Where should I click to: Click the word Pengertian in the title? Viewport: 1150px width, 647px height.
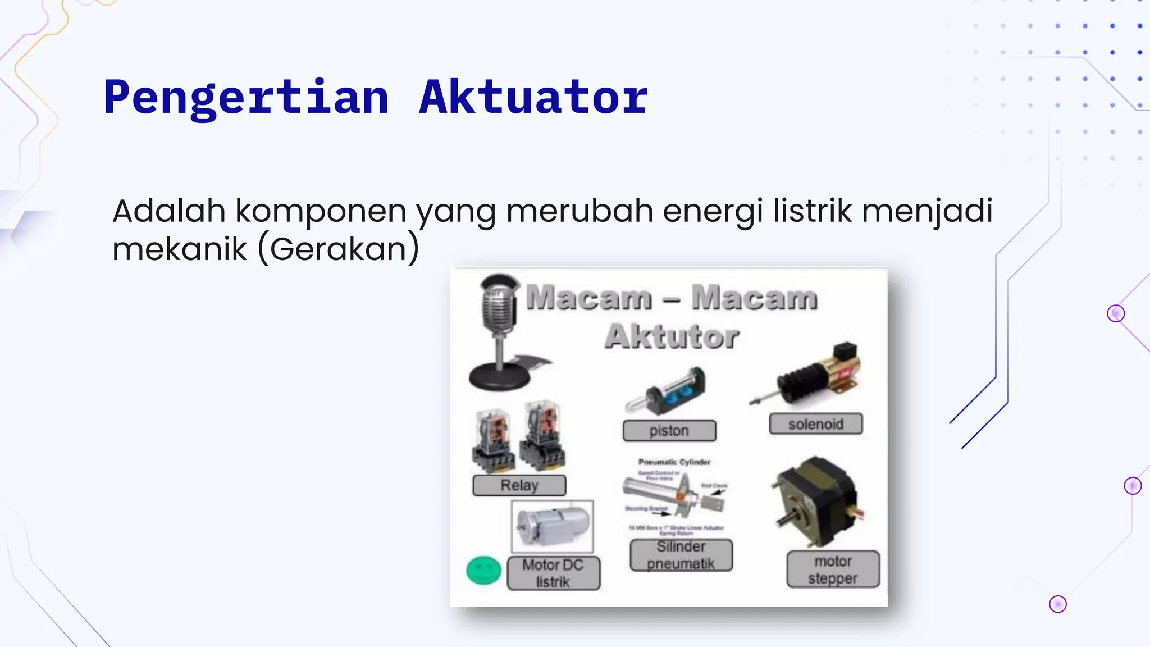pos(246,98)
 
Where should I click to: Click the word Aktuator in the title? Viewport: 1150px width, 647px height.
pos(533,98)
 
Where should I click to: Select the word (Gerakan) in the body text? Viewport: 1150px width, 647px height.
pos(339,249)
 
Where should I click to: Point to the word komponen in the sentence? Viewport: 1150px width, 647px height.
pos(322,212)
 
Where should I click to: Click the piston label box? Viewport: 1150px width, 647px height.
pos(669,431)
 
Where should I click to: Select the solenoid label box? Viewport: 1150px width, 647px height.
pos(815,424)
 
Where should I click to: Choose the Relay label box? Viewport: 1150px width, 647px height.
pos(519,485)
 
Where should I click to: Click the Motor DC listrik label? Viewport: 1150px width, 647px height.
pos(553,573)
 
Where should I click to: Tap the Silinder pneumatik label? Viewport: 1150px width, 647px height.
pos(681,555)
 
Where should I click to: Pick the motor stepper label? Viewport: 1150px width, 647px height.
pos(833,569)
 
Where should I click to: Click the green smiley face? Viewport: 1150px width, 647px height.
pos(483,571)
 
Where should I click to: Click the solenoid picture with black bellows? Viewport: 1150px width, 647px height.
pos(809,376)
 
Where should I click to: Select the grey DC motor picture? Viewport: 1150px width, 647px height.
pos(553,526)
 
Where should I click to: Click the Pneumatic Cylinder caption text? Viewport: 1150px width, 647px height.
pos(674,462)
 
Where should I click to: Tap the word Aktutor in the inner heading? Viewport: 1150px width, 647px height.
pos(672,336)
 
